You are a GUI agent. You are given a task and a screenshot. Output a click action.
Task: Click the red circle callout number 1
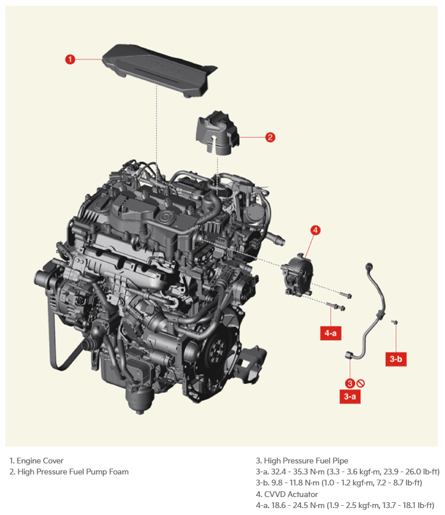coord(70,60)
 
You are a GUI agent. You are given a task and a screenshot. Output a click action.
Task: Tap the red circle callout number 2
coord(270,137)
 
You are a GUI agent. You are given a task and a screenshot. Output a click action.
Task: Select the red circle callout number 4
coord(316,230)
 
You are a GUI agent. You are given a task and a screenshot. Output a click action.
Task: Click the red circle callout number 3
coord(350,383)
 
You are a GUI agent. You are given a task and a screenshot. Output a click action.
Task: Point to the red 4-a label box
coord(331,333)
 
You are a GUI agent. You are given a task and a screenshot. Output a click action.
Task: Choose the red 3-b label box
coord(396,359)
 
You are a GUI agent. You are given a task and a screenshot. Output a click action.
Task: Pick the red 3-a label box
coord(350,396)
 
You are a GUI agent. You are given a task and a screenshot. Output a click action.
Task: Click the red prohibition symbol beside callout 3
coord(360,383)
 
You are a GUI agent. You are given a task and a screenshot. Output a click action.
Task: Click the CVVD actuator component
coord(296,275)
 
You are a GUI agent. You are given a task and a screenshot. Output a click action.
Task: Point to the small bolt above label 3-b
coord(395,322)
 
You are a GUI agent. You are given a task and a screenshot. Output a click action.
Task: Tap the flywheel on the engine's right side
coord(217,351)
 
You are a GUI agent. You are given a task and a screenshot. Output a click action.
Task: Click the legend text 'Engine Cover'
coord(40,461)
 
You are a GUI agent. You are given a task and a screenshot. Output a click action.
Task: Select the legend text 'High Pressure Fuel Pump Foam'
coord(73,472)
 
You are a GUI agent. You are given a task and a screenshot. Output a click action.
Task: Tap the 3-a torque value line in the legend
coord(348,472)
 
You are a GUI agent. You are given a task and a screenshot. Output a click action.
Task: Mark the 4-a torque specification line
coord(345,505)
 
